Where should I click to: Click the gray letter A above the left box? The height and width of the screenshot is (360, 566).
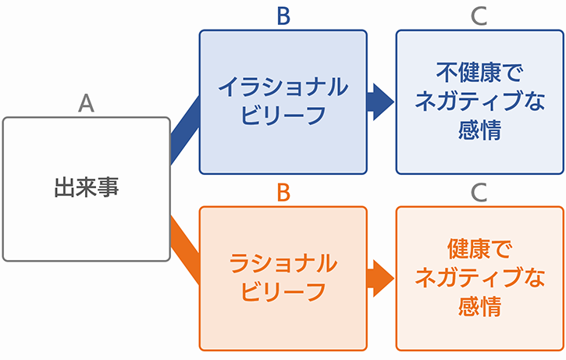87,103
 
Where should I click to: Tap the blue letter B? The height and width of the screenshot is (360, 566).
283,16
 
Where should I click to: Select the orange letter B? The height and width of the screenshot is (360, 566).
283,193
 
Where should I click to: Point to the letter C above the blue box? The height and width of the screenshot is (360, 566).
479,16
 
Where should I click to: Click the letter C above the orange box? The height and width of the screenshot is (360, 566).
479,193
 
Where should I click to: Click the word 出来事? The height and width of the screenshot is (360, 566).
87,187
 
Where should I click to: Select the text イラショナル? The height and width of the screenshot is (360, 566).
283,87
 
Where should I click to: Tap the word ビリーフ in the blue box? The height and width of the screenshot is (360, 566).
283,116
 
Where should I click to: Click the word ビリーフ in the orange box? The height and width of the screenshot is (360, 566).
283,291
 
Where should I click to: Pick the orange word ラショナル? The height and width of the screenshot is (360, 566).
283,263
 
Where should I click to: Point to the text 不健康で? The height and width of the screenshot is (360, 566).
479,73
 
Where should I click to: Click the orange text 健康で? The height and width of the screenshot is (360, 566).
479,249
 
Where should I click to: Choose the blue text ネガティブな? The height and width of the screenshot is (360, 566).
479,101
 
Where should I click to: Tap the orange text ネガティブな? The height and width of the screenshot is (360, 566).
479,277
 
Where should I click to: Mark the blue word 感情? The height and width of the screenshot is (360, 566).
479,130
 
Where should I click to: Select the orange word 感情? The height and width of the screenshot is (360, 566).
479,306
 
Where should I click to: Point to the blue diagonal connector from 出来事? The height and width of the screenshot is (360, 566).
185,130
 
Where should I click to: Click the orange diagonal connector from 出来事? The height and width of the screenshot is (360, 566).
185,250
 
